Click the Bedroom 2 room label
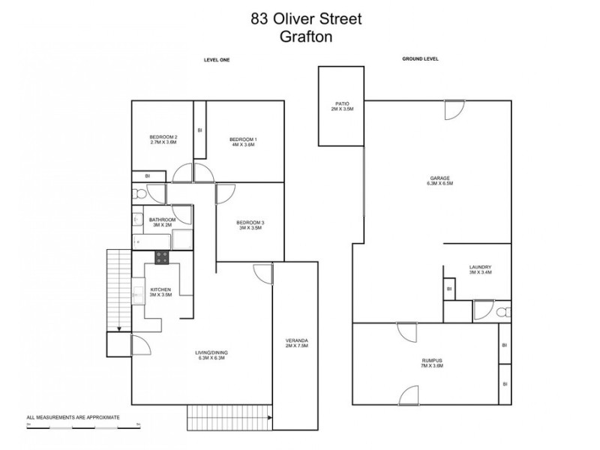(x=163, y=136)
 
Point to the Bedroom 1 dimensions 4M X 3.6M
(x=243, y=144)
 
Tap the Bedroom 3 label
(x=250, y=222)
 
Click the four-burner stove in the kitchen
(x=162, y=257)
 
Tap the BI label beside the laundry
(x=449, y=289)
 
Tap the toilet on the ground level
(x=503, y=312)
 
